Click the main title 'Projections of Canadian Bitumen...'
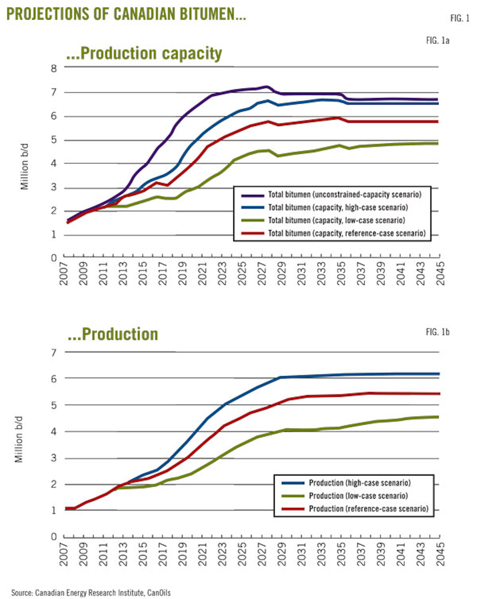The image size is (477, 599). tap(126, 14)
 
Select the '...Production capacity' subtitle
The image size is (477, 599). tap(144, 53)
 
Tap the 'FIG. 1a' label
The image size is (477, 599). tap(437, 41)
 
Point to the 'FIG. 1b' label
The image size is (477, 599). tap(437, 332)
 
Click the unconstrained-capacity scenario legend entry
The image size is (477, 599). tap(344, 195)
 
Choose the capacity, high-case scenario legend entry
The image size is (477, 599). tap(337, 207)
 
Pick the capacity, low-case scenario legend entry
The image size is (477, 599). tap(336, 220)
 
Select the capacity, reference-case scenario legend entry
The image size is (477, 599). tap(346, 233)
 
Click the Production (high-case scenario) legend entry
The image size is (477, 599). tap(359, 483)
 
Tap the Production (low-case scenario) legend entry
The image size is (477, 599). tap(358, 496)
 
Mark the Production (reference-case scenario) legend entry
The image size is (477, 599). tap(368, 509)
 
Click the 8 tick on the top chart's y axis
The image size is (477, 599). tap(54, 68)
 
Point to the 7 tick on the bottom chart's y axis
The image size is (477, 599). tap(54, 353)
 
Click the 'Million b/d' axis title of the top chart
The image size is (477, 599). tap(25, 167)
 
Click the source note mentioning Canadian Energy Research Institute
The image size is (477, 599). tap(91, 593)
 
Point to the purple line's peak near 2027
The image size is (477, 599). tap(266, 87)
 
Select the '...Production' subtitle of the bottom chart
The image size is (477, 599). tap(113, 334)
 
